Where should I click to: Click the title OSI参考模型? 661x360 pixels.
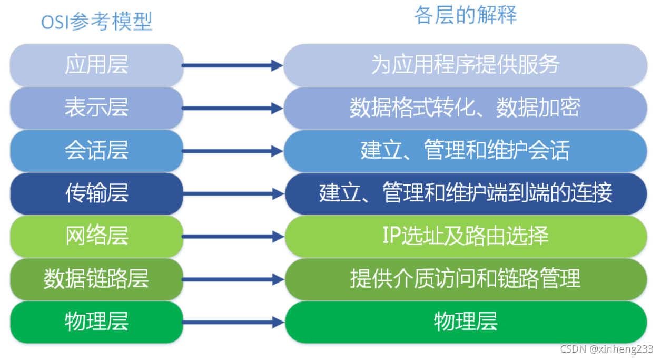click(97, 22)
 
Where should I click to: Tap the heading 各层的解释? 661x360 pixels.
click(465, 15)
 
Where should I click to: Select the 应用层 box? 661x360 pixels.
click(96, 65)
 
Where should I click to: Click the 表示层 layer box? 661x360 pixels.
click(96, 108)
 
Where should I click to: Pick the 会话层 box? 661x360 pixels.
click(96, 151)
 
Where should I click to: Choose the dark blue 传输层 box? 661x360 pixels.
click(96, 194)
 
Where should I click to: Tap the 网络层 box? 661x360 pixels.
click(96, 237)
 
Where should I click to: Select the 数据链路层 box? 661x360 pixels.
click(96, 279)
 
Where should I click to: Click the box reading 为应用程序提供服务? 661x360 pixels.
click(465, 65)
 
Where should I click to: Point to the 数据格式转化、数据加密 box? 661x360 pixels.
click(465, 108)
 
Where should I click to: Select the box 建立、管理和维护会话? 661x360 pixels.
click(465, 151)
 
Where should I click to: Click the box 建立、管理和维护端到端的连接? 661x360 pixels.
click(465, 194)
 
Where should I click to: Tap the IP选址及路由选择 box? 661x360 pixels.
click(465, 237)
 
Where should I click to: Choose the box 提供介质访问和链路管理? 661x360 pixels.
click(465, 279)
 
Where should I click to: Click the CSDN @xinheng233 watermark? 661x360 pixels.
click(606, 349)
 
